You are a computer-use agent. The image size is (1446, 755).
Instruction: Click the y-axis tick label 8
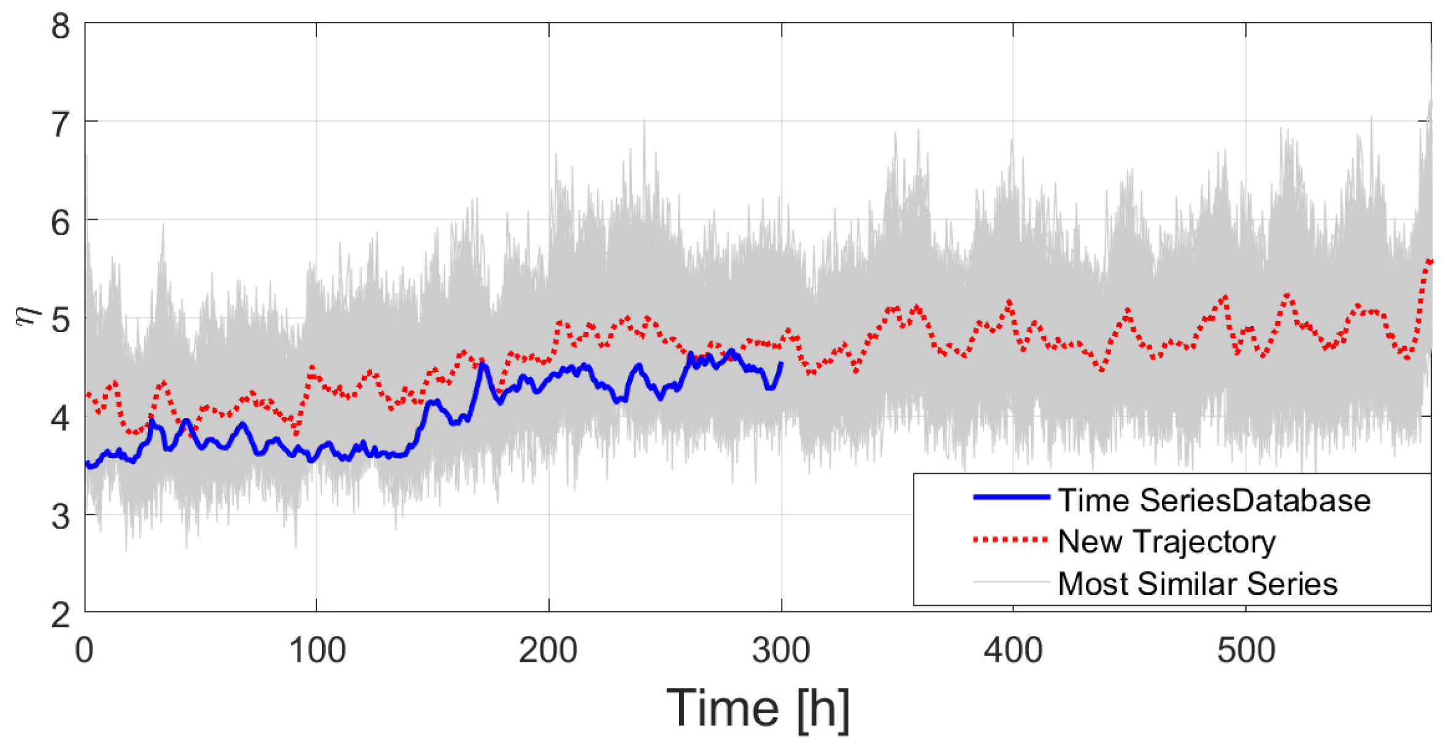(x=60, y=28)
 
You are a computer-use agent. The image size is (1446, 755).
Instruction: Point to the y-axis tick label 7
(x=60, y=125)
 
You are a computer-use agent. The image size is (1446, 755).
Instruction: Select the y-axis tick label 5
(x=60, y=320)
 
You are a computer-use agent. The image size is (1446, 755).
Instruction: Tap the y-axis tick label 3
(x=60, y=517)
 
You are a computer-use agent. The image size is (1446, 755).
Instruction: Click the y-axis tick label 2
(x=60, y=614)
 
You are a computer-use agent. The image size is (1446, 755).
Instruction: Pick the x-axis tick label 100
(x=317, y=651)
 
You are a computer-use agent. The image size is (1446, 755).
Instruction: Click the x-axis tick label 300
(x=781, y=651)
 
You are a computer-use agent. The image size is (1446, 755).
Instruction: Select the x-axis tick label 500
(x=1245, y=651)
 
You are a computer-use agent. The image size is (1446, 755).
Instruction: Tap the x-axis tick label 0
(x=85, y=651)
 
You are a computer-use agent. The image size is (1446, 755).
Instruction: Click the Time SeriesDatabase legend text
(x=1214, y=501)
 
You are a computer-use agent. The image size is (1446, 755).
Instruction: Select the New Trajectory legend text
(x=1167, y=542)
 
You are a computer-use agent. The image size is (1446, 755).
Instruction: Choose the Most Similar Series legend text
(x=1198, y=584)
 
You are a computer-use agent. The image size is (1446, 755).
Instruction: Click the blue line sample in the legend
(x=1010, y=497)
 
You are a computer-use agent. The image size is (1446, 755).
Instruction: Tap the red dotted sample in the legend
(x=1010, y=540)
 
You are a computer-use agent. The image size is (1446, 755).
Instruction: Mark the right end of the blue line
(x=781, y=364)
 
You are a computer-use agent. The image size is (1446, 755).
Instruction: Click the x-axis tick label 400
(x=1013, y=651)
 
